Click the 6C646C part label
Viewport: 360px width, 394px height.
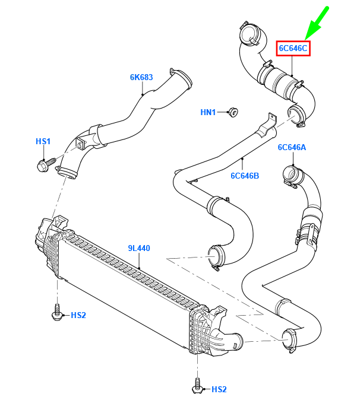293,47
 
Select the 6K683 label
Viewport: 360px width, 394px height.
141,77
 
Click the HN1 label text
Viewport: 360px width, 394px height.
208,112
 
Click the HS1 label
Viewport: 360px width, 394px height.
43,141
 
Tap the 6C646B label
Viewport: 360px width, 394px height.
245,176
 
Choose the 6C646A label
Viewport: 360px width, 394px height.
292,148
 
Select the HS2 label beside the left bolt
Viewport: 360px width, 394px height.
78,314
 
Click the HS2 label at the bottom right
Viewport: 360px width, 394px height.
219,389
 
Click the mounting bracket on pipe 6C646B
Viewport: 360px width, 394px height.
271,121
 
